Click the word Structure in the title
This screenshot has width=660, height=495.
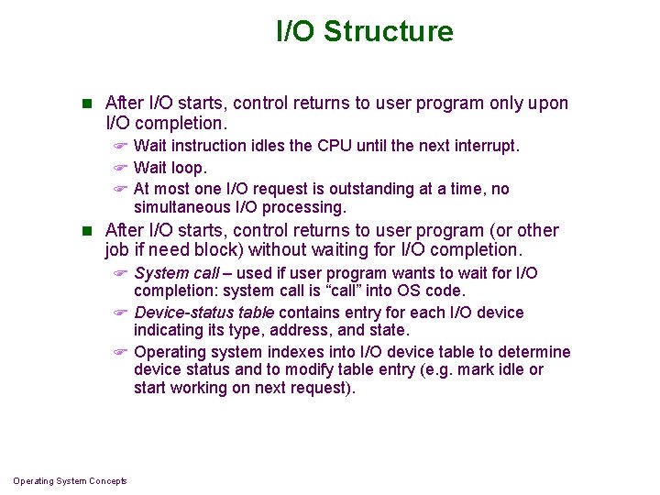click(389, 31)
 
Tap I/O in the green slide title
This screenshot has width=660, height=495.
click(296, 31)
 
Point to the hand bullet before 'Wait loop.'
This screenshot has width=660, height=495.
click(118, 168)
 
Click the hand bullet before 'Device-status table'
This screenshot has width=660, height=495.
click(118, 313)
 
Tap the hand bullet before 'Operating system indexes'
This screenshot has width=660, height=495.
click(118, 353)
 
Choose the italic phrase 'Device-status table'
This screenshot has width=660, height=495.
click(203, 313)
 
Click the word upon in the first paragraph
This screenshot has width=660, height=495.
click(548, 104)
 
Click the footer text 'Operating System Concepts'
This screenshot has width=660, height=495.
click(70, 481)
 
